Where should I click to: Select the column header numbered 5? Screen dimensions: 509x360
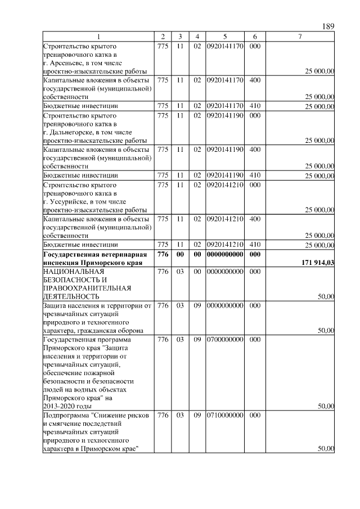click(224, 37)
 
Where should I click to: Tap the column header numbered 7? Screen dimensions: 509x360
click(300, 37)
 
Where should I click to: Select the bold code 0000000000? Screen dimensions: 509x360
click(224, 254)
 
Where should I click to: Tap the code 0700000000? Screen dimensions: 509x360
click(224, 340)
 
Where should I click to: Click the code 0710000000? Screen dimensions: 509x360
click(224, 416)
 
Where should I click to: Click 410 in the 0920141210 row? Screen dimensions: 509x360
click(254, 245)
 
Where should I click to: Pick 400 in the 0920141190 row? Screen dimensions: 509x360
click(254, 150)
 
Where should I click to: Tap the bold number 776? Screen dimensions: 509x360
click(163, 254)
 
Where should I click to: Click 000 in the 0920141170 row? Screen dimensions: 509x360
click(254, 46)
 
